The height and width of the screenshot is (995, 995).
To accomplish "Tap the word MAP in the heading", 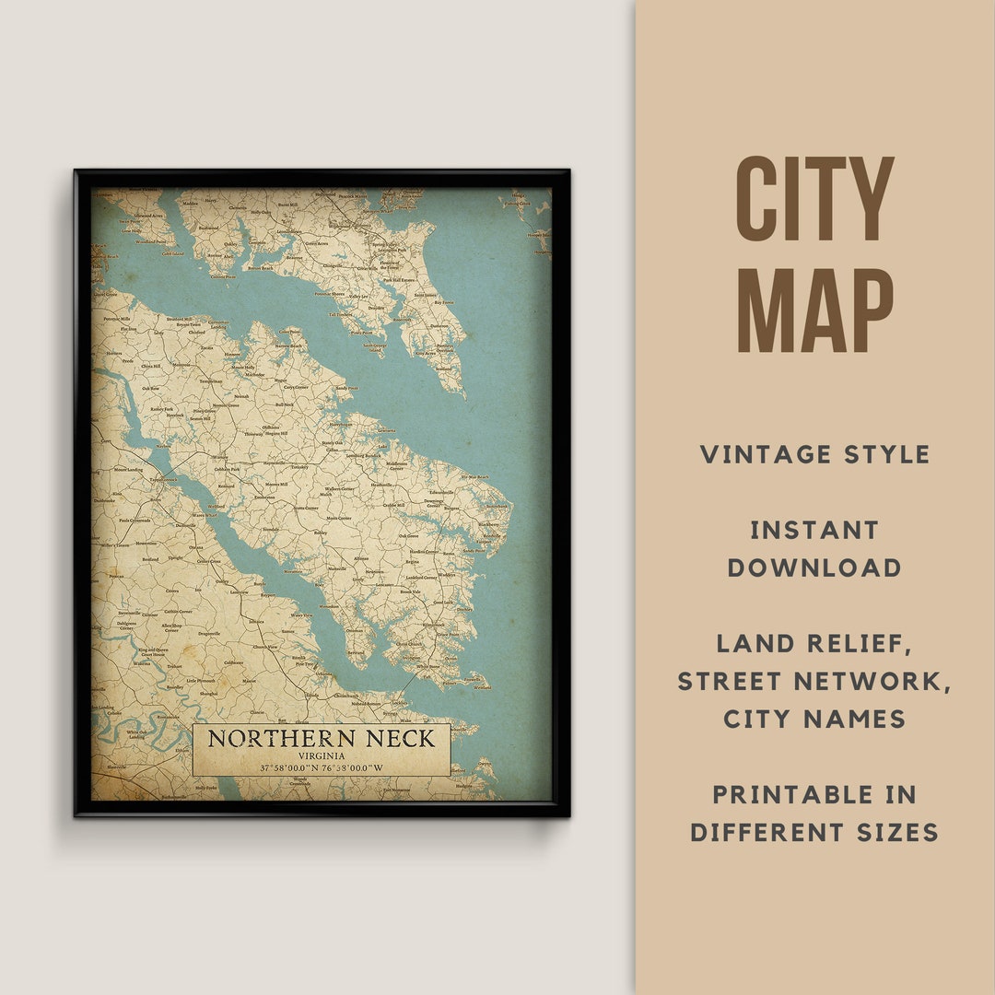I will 814,310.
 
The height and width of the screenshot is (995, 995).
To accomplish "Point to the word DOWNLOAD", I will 814,568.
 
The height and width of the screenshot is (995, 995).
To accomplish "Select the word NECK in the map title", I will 398,739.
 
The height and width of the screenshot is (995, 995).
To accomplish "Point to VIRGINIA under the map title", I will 322,756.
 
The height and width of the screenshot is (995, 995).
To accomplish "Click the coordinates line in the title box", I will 322,768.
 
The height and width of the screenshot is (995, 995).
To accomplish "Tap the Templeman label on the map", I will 210,380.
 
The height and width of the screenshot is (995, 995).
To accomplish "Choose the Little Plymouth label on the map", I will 201,680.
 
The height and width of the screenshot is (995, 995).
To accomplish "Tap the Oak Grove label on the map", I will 406,535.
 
